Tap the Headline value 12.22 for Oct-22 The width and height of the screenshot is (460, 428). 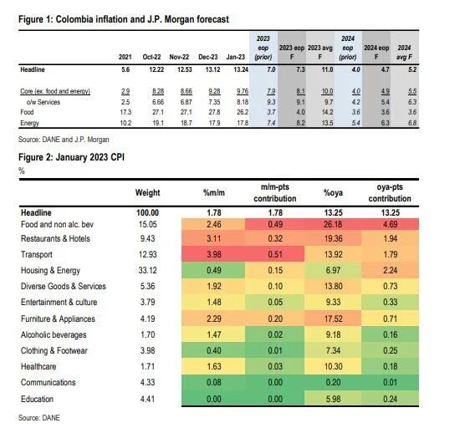click(x=151, y=69)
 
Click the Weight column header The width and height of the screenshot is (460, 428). click(x=147, y=193)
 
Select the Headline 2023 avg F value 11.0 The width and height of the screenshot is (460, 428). click(x=322, y=69)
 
